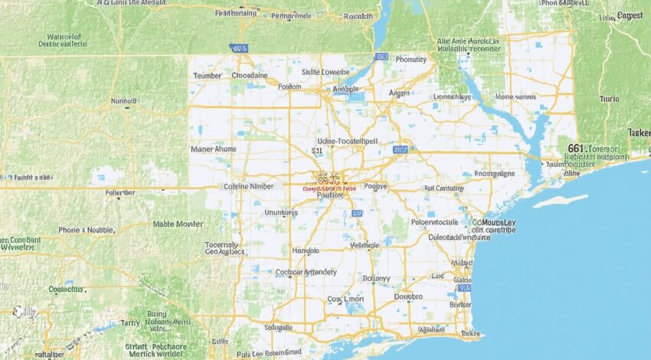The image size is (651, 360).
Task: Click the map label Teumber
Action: pyautogui.click(x=207, y=76)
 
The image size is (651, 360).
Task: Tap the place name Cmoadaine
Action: pyautogui.click(x=250, y=76)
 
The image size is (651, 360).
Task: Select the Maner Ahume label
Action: pyautogui.click(x=214, y=149)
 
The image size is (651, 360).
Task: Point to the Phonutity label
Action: pyautogui.click(x=411, y=59)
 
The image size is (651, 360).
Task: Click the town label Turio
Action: pyautogui.click(x=609, y=99)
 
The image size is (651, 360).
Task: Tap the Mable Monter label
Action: pyautogui.click(x=178, y=224)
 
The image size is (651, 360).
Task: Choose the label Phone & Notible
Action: pyautogui.click(x=87, y=229)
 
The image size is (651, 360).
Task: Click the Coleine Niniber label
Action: pyautogui.click(x=247, y=186)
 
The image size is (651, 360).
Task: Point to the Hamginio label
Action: pyautogui.click(x=306, y=250)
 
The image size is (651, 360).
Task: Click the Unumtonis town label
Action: pyautogui.click(x=280, y=212)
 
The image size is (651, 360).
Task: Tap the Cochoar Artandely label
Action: pyautogui.click(x=306, y=271)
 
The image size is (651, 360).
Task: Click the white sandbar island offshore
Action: pyautogui.click(x=560, y=201)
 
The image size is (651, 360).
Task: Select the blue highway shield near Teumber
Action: pyautogui.click(x=239, y=47)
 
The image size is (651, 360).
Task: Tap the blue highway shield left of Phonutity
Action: pyautogui.click(x=381, y=57)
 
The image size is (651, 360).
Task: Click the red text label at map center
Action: pyautogui.click(x=329, y=187)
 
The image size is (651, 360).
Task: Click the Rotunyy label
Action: pyautogui.click(x=376, y=278)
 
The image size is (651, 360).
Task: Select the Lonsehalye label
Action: pyautogui.click(x=453, y=97)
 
